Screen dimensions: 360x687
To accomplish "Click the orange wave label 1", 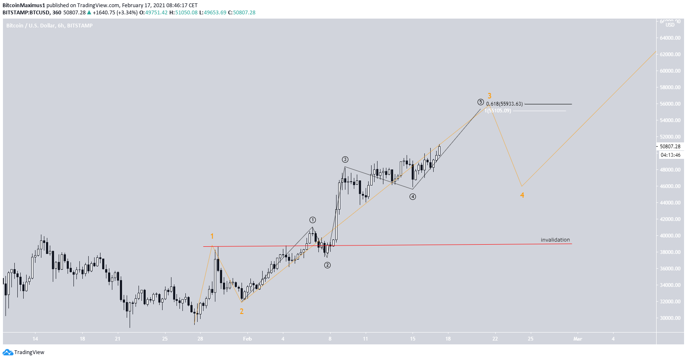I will pos(212,236).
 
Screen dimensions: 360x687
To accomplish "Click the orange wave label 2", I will pos(242,311).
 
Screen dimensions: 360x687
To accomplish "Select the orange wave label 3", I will pos(489,96).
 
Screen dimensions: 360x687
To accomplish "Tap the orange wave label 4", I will pos(522,195).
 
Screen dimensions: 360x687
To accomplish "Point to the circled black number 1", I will pos(312,220).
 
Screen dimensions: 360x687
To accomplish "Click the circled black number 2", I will pos(327,265).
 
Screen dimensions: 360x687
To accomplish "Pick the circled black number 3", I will pos(345,159).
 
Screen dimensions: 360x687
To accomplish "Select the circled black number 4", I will pos(413,196).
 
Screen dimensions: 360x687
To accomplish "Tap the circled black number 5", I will pos(481,102).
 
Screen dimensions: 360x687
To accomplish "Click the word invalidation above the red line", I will pos(555,240).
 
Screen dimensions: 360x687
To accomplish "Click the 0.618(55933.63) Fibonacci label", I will pos(504,104).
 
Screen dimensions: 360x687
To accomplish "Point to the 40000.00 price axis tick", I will pos(670,236).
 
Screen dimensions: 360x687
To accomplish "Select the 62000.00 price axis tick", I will pos(670,55).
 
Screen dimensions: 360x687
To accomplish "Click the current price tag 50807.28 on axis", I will pos(670,147).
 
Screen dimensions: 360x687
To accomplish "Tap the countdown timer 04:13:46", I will pos(671,155).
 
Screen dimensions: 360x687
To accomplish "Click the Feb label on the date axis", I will pos(247,339).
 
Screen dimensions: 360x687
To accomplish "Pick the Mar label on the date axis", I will pos(578,339).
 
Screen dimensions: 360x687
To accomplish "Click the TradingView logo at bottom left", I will pos(24,352).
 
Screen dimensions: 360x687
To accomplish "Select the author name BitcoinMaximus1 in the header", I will pos(24,5).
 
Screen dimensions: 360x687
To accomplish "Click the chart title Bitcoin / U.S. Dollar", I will pos(31,26).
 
